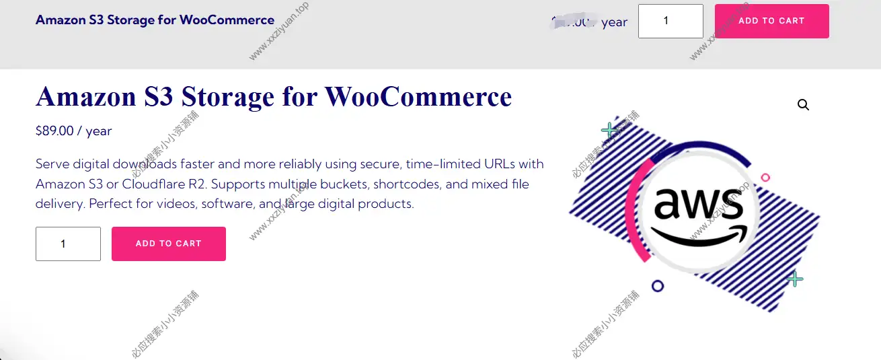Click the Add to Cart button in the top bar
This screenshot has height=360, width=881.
[771, 21]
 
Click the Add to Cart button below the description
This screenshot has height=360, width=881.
[168, 244]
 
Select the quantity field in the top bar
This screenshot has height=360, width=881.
[670, 21]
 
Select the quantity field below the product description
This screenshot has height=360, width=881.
[68, 244]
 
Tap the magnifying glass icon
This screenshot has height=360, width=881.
[803, 105]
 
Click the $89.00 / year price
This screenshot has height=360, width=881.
[73, 131]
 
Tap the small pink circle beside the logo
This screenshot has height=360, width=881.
[765, 178]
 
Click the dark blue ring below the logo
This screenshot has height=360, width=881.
[658, 286]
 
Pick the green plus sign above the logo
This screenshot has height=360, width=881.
[610, 130]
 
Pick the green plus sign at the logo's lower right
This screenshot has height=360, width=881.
[795, 279]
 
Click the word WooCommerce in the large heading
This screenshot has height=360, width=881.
[418, 97]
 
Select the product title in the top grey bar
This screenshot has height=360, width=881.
[155, 20]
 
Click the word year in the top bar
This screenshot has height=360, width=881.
[614, 22]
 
